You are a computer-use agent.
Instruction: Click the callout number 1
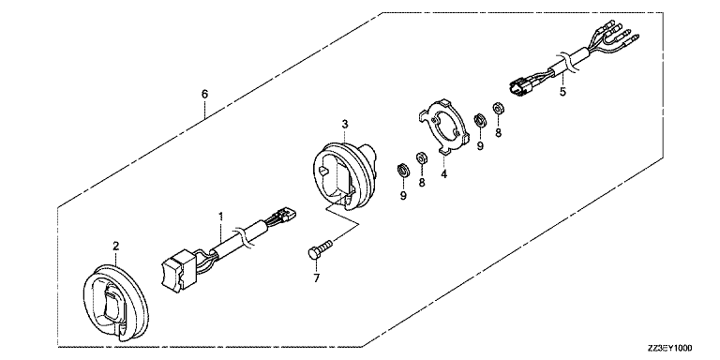click(x=221, y=216)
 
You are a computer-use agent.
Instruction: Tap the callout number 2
click(x=115, y=246)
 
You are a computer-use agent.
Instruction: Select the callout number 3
click(x=344, y=124)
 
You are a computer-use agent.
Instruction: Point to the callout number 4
click(x=444, y=174)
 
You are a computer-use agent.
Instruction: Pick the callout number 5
click(x=562, y=91)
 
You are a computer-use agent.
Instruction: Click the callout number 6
click(x=204, y=94)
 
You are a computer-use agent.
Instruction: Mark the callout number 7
click(x=316, y=277)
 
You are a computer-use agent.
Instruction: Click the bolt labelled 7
click(x=321, y=247)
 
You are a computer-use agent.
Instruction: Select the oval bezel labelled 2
click(x=115, y=302)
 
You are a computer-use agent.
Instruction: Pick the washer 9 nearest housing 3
click(x=403, y=171)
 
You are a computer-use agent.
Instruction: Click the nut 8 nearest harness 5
click(x=497, y=109)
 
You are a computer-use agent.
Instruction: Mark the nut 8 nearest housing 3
click(x=421, y=158)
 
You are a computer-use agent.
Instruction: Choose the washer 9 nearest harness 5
click(x=479, y=120)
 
